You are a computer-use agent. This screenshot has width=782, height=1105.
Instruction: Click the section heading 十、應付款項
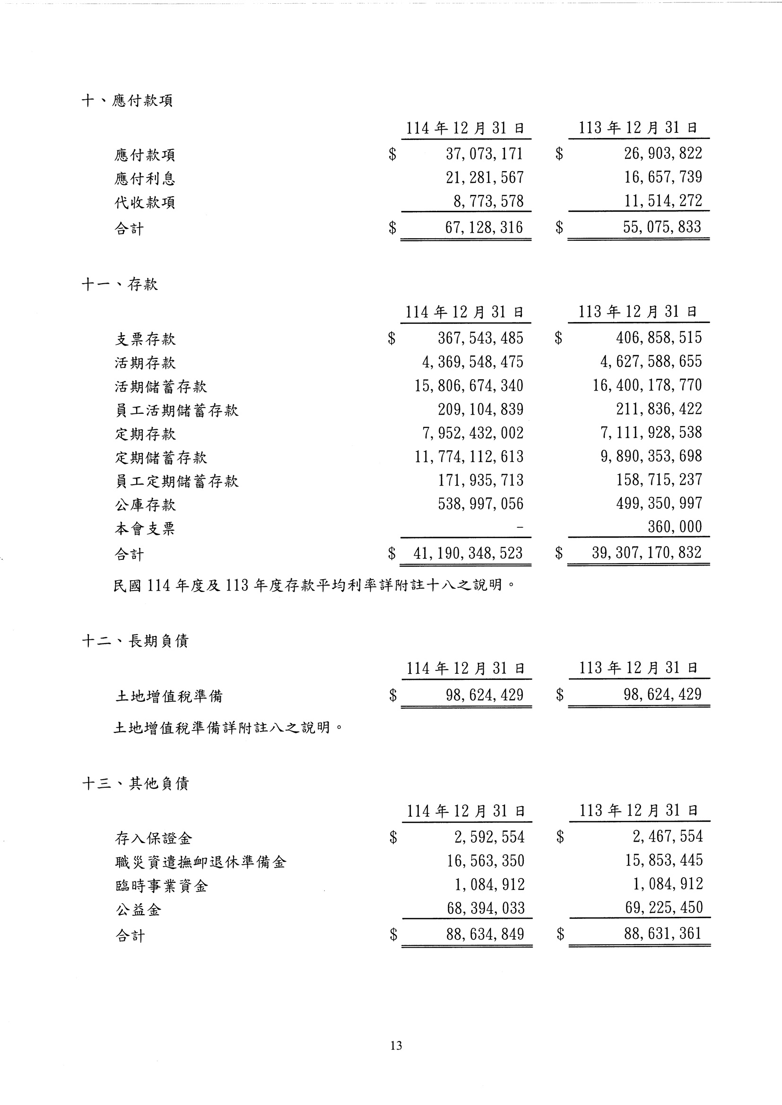127,101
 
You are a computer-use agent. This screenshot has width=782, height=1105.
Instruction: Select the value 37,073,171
484,154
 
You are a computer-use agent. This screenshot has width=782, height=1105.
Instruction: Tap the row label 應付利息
145,179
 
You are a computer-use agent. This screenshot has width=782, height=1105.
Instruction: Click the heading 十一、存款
120,285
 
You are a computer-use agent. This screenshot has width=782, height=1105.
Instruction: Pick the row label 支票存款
145,339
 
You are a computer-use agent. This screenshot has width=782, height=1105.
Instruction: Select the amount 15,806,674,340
469,386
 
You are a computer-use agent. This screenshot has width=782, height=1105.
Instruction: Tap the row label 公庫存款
145,505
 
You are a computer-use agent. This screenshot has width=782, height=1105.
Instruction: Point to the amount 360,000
675,527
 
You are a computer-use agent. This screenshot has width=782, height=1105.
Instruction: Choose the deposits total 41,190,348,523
468,553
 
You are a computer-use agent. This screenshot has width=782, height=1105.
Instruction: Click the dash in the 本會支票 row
519,528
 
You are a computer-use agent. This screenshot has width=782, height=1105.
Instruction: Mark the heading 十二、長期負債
135,641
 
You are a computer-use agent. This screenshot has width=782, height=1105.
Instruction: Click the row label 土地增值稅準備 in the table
168,696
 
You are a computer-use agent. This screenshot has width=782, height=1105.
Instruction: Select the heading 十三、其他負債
135,783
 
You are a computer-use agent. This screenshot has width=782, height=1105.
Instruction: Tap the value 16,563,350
486,861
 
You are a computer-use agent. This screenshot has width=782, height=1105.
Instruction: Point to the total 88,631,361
662,933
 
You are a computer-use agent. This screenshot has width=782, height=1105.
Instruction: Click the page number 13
396,1045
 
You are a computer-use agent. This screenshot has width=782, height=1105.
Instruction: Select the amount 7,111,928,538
651,433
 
